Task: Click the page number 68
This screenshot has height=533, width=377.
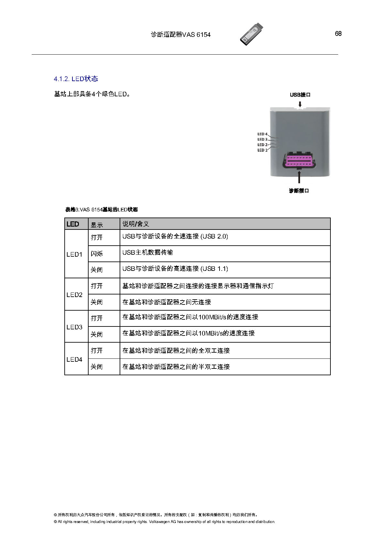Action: click(338, 34)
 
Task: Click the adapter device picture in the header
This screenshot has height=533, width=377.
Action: click(252, 34)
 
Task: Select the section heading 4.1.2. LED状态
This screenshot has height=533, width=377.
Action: click(76, 79)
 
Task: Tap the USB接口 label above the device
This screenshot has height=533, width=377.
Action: click(300, 95)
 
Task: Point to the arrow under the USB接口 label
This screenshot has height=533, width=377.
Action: click(300, 104)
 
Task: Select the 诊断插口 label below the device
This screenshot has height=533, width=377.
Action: click(299, 191)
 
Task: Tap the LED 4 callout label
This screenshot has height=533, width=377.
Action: click(262, 134)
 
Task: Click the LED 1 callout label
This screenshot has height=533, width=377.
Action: click(262, 150)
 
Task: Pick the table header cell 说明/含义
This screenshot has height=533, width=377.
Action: click(136, 224)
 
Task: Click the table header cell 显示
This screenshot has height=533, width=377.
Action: click(97, 225)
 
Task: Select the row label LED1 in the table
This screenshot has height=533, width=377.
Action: click(74, 254)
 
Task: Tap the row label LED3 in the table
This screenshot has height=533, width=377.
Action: click(74, 327)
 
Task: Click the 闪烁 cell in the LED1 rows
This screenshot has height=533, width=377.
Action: click(97, 253)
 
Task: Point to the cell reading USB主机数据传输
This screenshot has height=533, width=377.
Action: click(147, 252)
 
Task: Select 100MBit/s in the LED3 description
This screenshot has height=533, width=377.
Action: click(212, 317)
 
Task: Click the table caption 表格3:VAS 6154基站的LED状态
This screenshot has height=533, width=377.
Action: click(102, 210)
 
